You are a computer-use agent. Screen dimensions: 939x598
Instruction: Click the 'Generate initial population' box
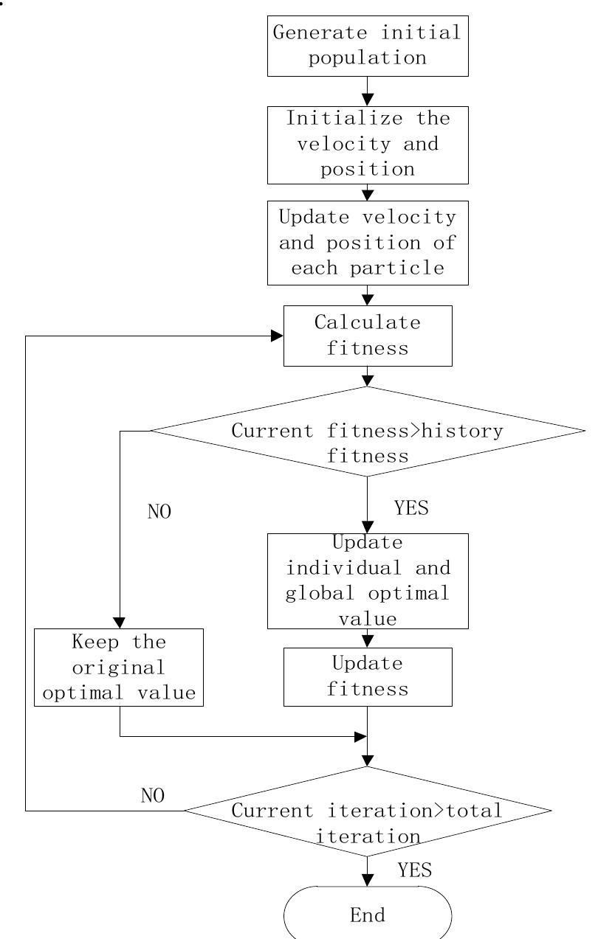pyautogui.click(x=367, y=46)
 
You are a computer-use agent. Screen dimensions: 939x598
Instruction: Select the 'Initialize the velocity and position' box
pyautogui.click(x=367, y=145)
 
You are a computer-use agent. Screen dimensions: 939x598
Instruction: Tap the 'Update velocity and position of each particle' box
pyautogui.click(x=367, y=242)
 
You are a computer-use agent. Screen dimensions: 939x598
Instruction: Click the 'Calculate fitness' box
pyautogui.click(x=367, y=335)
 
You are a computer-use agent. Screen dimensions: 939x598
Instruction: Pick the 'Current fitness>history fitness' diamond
pyautogui.click(x=367, y=443)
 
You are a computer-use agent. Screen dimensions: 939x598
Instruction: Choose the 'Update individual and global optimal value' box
pyautogui.click(x=367, y=581)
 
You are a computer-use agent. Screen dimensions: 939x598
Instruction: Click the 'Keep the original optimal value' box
pyautogui.click(x=118, y=668)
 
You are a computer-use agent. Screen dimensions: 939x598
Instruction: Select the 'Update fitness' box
pyautogui.click(x=367, y=676)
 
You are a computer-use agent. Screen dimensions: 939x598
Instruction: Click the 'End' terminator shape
pyautogui.click(x=367, y=915)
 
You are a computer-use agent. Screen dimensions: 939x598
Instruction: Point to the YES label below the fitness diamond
pyautogui.click(x=411, y=508)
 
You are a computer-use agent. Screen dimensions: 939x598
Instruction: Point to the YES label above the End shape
pyautogui.click(x=414, y=870)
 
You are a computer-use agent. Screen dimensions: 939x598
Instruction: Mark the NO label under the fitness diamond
pyautogui.click(x=159, y=512)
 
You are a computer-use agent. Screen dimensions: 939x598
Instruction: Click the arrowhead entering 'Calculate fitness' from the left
pyautogui.click(x=277, y=336)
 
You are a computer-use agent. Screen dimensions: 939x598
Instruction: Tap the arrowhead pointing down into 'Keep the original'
pyautogui.click(x=120, y=622)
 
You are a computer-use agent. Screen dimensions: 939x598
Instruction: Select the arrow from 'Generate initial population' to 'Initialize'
pyautogui.click(x=367, y=91)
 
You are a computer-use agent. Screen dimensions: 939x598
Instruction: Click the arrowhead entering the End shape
pyautogui.click(x=367, y=881)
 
